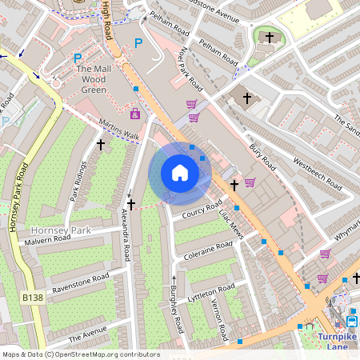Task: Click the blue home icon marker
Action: [x=180, y=173]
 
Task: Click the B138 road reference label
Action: [x=32, y=298]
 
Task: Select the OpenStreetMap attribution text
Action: [x=80, y=354]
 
